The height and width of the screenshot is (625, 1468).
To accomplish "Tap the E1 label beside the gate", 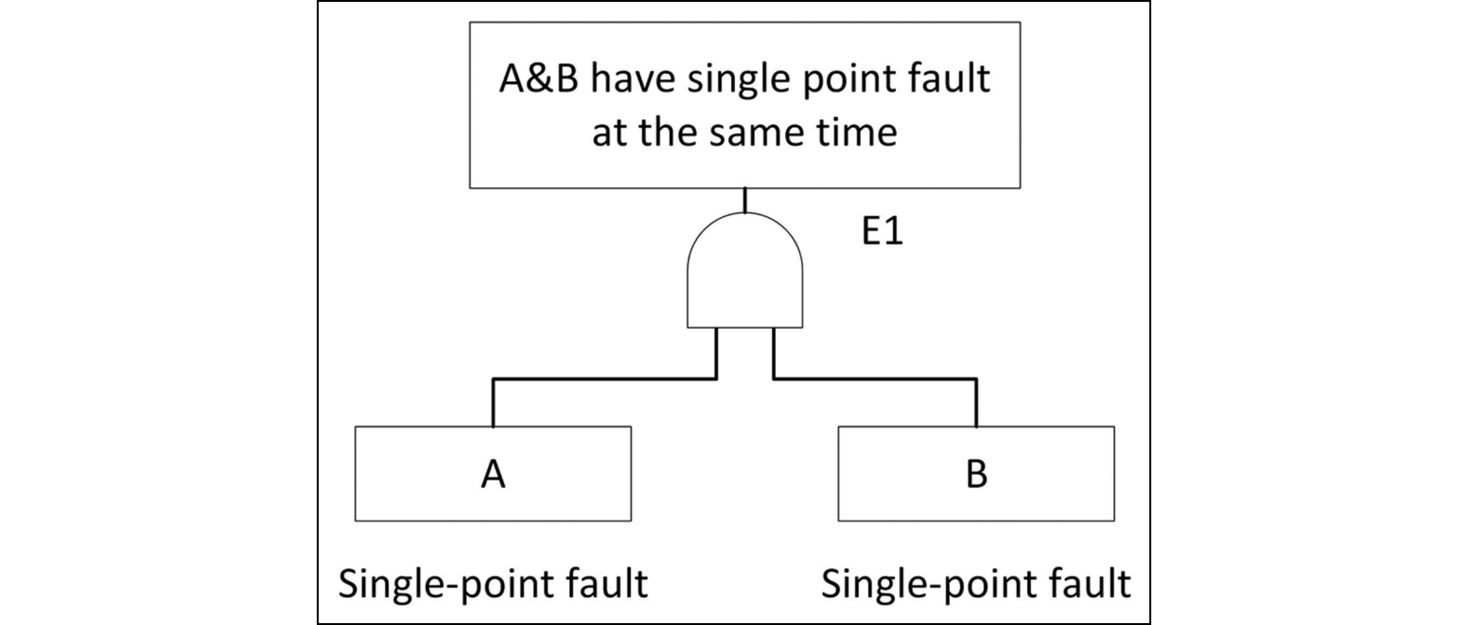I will tap(882, 231).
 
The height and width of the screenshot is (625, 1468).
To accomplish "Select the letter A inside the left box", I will tap(493, 474).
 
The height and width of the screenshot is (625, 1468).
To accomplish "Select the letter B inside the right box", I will tap(976, 474).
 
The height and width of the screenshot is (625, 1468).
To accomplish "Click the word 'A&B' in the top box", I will tap(539, 79).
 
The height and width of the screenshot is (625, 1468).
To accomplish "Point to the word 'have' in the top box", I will tap(632, 79).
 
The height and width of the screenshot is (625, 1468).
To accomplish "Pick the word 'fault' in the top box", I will tap(950, 79).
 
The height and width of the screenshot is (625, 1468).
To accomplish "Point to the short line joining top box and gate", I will tap(745, 200).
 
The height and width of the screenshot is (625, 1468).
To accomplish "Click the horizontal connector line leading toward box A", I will tap(605, 379).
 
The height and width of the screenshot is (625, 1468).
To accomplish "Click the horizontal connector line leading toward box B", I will tap(874, 379).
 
